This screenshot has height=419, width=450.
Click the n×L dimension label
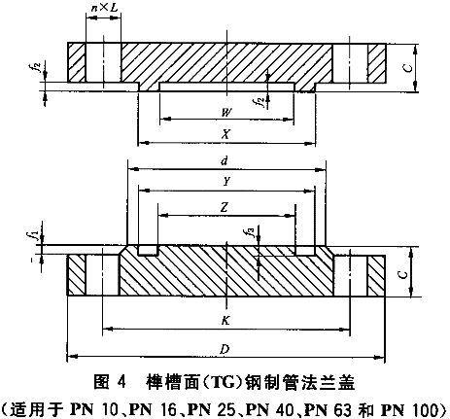104,8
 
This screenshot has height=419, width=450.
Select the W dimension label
226,113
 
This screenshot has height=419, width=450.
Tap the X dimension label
225,134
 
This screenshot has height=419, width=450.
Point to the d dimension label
225,160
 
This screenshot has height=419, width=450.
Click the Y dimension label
226,182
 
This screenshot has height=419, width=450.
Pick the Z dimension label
225,207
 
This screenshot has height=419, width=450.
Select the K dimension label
225,321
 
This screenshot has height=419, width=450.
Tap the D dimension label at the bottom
225,349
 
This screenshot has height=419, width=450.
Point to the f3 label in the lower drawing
250,231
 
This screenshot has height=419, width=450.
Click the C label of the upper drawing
408,68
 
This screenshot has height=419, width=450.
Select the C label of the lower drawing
402,275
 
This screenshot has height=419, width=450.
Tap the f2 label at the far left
37,67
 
